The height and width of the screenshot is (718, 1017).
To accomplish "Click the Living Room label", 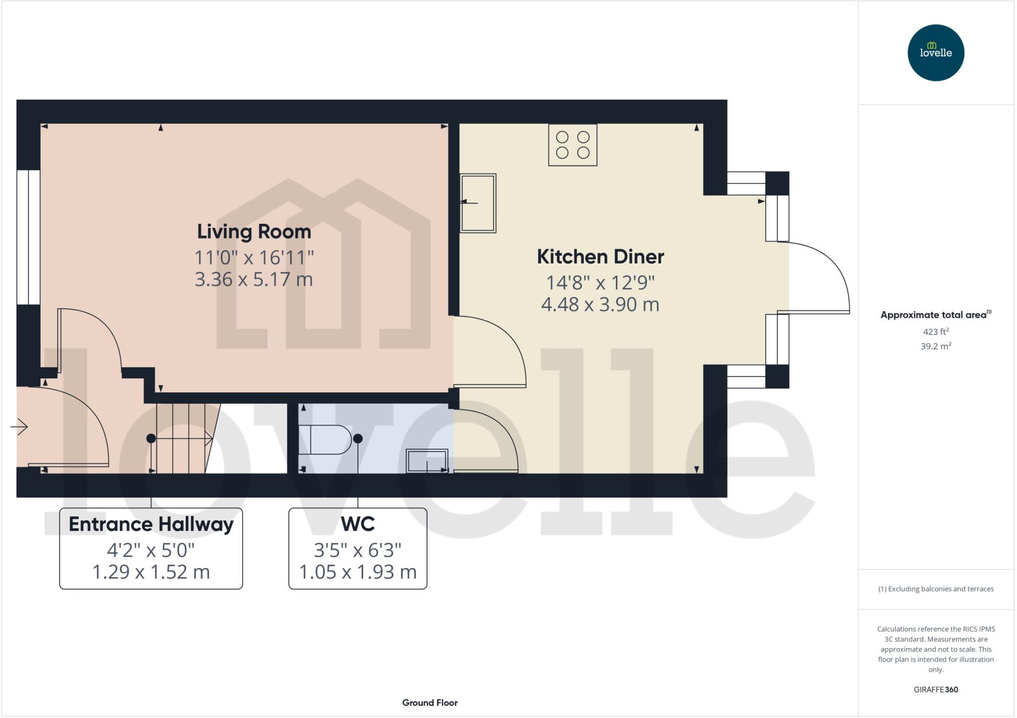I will (254, 232).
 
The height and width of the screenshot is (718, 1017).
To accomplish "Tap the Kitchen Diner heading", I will (600, 257).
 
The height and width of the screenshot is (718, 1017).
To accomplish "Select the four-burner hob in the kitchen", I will (573, 145).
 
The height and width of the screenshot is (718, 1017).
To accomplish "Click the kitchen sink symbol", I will (478, 203).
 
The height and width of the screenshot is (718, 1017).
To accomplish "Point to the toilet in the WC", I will (325, 440).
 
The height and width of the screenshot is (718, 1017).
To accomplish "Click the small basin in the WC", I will (427, 461).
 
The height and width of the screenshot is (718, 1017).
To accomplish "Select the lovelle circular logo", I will (936, 53).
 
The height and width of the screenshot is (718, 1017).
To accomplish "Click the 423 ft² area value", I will (936, 331).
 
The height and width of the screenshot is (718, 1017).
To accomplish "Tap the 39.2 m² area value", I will (936, 346).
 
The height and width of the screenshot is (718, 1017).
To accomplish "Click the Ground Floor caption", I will (430, 703).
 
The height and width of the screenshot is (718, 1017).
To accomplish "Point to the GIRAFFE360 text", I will (936, 689).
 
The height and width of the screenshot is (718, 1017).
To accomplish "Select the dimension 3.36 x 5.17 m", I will (254, 279).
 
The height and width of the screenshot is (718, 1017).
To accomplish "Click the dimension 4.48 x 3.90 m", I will (600, 304).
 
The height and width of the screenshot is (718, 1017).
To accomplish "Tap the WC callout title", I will (358, 524).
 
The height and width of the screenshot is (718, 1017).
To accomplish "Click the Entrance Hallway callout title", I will (151, 524).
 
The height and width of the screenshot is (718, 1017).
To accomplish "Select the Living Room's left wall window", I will (28, 237).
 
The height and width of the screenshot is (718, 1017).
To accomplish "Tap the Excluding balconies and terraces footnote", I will (936, 589).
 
